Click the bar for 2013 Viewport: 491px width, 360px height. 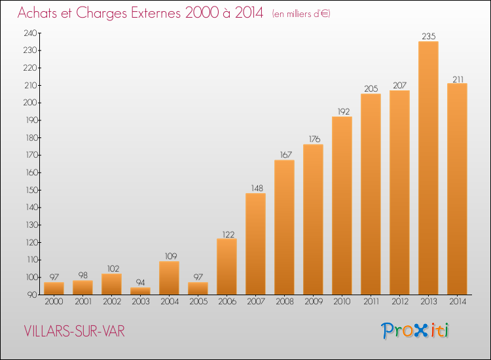pos(428,168)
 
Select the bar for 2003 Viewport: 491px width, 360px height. pos(140,291)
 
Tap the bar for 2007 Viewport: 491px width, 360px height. pos(255,244)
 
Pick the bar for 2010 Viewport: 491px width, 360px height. pos(342,206)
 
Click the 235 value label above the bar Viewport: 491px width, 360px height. pos(429,36)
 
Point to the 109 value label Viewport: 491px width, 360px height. pos(171,257)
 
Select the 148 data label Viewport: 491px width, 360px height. pos(257,188)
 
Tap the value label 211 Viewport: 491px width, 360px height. pos(458,79)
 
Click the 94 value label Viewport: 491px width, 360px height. pos(140,282)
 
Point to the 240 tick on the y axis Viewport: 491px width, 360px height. pos(30,33)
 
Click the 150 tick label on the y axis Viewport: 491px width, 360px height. pos(31,190)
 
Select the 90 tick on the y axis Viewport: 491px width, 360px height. pos(32,295)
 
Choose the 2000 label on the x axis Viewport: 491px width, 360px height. pos(54,301)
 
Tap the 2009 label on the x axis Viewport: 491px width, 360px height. pos(314,301)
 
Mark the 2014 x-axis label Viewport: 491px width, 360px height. pos(458,301)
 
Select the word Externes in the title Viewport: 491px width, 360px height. pos(156,12)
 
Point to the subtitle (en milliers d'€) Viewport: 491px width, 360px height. pos(301,14)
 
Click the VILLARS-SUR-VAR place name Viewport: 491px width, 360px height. pos(74,331)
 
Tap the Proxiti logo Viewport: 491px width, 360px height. pos(415,331)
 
